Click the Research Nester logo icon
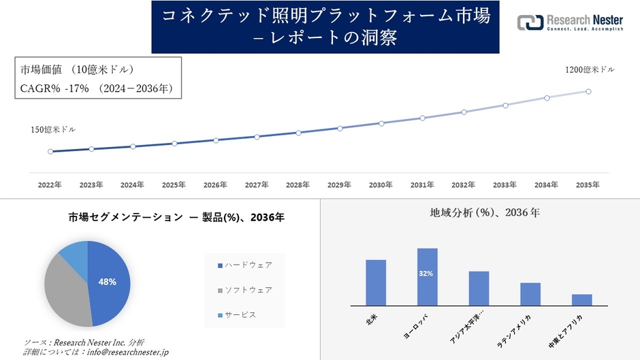(530, 23)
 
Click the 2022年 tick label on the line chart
(50, 184)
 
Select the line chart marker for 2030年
(381, 123)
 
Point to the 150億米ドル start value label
(53, 129)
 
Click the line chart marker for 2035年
(588, 91)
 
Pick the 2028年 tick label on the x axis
(298, 184)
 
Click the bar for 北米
(376, 282)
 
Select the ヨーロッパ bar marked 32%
(428, 277)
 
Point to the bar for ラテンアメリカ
(530, 294)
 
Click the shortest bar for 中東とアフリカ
(581, 299)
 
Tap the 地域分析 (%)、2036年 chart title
(480, 213)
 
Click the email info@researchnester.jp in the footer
(125, 352)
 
